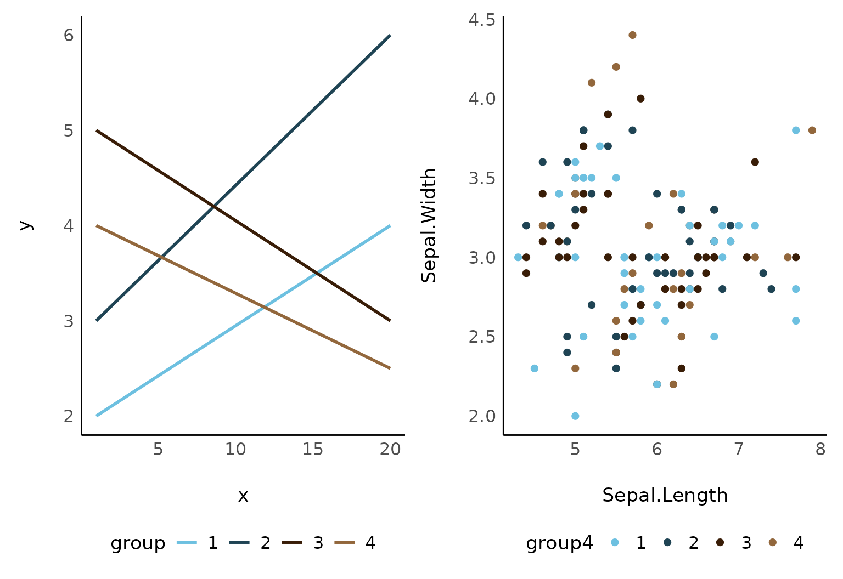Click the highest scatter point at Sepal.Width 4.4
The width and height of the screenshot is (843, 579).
pyautogui.click(x=632, y=35)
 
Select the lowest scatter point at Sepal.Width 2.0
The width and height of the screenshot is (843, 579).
pyautogui.click(x=575, y=416)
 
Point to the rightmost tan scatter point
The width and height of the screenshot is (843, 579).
pyautogui.click(x=812, y=130)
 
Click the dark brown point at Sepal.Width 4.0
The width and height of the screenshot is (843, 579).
pyautogui.click(x=640, y=99)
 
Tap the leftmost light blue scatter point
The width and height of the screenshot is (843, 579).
pyautogui.click(x=518, y=257)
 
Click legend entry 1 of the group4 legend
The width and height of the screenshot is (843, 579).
pyautogui.click(x=615, y=543)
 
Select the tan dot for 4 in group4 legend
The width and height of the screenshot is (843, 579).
pyautogui.click(x=773, y=543)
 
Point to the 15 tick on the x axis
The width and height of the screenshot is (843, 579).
pyautogui.click(x=313, y=450)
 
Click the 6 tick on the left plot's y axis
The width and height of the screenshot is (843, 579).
pyautogui.click(x=69, y=35)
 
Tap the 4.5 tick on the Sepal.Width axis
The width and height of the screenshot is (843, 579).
pyautogui.click(x=482, y=20)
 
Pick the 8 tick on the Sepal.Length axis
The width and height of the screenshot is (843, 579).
pyautogui.click(x=820, y=450)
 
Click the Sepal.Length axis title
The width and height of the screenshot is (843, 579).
pyautogui.click(x=665, y=495)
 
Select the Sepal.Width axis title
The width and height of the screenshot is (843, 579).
pyautogui.click(x=429, y=225)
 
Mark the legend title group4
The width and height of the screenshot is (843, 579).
pyautogui.click(x=559, y=543)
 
